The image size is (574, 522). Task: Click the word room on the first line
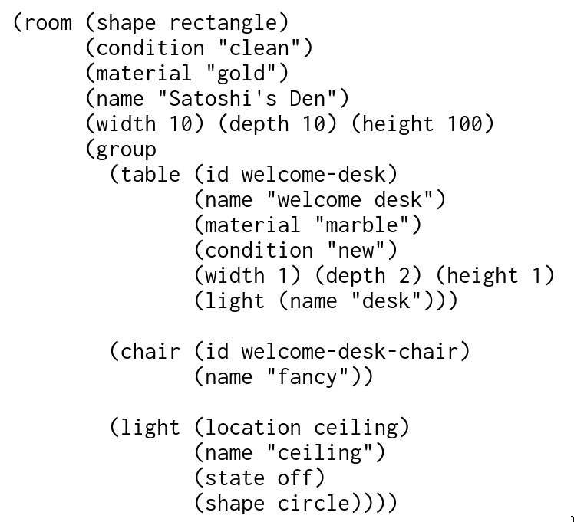point(48,22)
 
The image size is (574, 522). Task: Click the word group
point(127,149)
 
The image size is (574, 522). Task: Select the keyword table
point(151,174)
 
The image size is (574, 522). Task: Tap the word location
point(253,427)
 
